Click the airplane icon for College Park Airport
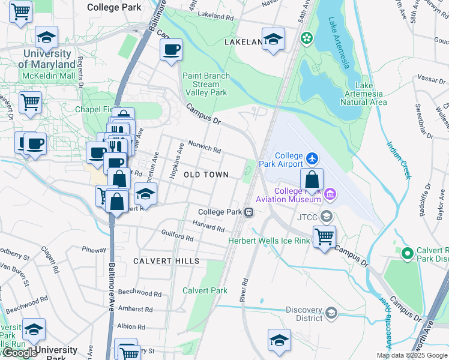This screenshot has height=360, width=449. (312, 158)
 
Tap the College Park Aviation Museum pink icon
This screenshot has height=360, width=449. (329, 194)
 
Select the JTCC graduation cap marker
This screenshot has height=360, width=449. (326, 216)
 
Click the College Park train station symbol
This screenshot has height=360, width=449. (247, 212)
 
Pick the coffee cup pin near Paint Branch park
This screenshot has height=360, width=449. (172, 49)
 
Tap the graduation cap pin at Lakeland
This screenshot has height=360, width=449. (273, 40)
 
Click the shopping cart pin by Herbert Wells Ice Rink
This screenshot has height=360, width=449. (324, 236)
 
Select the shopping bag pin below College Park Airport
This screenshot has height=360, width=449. (312, 179)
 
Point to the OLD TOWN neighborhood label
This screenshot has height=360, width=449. (206, 175)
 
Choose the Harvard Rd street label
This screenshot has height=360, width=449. (208, 229)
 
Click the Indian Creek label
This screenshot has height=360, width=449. (399, 160)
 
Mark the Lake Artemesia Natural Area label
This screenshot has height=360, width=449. (363, 94)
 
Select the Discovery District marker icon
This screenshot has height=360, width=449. (331, 313)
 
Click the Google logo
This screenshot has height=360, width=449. (20, 353)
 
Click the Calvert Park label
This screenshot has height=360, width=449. (205, 290)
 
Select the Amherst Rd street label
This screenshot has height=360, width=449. (135, 309)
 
